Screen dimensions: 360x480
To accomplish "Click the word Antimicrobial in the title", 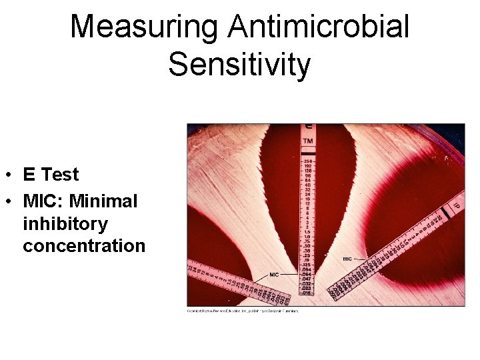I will (319, 27).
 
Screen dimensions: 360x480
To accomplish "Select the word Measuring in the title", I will (144, 27).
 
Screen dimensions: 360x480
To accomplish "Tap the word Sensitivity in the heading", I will (239, 65).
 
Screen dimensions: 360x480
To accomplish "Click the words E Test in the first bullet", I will (51, 175).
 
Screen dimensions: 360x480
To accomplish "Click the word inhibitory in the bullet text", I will (65, 223).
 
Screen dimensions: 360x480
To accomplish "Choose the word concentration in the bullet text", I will (84, 245).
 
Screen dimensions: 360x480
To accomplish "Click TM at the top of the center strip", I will (308, 141).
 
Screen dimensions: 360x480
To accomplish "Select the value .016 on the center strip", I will (307, 293).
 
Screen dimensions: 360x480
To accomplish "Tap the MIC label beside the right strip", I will (347, 259).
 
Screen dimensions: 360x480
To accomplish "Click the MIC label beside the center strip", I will (274, 275).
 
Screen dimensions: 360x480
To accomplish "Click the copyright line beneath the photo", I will (243, 311).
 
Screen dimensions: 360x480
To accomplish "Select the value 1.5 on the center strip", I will (307, 231).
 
